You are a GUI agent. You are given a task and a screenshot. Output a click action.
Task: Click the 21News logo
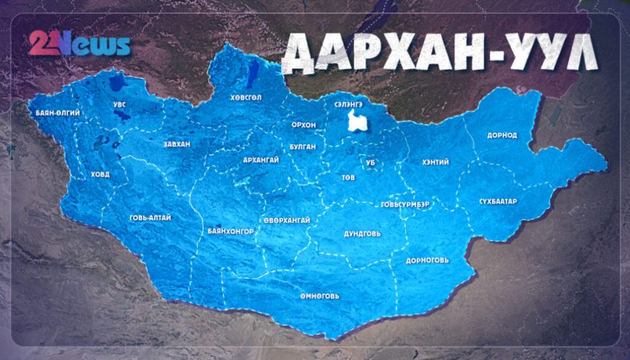[79, 44]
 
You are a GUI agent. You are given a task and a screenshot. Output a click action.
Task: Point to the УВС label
[119, 105]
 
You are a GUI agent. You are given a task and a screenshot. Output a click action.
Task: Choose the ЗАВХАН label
[177, 145]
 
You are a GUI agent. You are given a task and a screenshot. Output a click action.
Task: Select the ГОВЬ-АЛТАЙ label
[150, 218]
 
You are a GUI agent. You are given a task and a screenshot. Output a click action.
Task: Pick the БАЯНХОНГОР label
[231, 231]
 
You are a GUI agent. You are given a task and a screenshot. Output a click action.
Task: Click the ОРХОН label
[303, 125]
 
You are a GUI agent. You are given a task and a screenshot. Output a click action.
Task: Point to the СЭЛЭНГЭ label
[349, 104]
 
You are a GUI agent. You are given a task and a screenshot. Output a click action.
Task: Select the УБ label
[370, 163]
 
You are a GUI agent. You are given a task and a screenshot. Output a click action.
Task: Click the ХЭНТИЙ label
[436, 162]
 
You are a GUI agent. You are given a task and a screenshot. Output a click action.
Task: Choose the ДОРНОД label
[501, 135]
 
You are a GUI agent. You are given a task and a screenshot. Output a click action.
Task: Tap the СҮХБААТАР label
[498, 202]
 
